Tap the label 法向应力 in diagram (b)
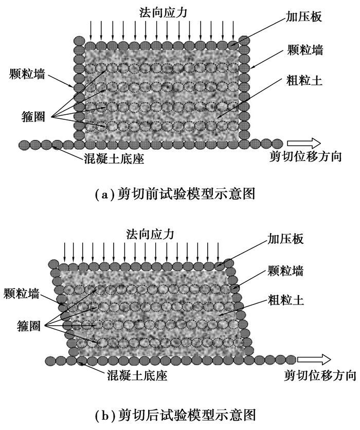pyautogui.click(x=150, y=234)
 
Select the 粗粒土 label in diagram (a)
pyautogui.click(x=304, y=80)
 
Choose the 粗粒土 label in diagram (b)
pyautogui.click(x=286, y=299)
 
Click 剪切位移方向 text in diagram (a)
pyautogui.click(x=306, y=157)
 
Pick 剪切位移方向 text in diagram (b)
pyautogui.click(x=320, y=376)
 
